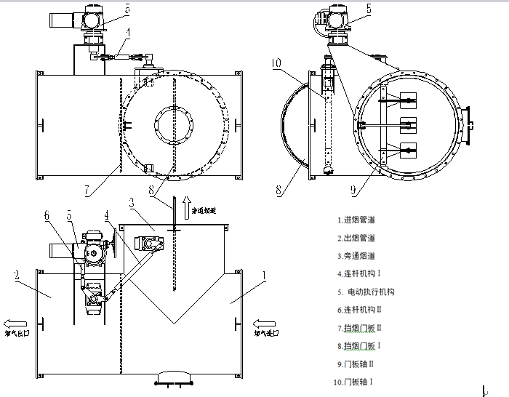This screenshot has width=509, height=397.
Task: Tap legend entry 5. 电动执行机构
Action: tap(366, 292)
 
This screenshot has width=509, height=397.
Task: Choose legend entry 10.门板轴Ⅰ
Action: tap(357, 381)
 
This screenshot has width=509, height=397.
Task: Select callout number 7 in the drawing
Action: tap(87, 191)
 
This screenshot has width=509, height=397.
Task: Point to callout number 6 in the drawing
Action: tap(48, 215)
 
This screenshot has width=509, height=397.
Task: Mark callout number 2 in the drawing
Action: tap(15, 275)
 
